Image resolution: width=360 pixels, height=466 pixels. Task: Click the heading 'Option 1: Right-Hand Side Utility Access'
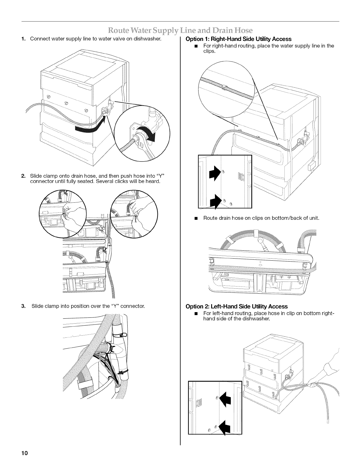[x=238, y=39]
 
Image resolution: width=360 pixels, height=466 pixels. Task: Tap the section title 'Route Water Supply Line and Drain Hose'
[x=180, y=30]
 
